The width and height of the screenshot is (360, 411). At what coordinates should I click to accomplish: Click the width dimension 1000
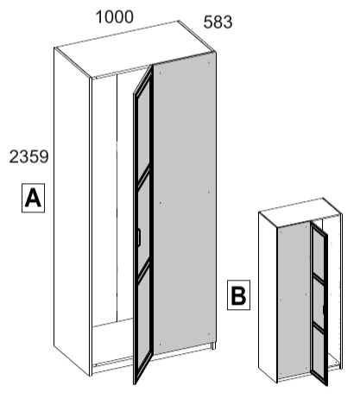[115, 17]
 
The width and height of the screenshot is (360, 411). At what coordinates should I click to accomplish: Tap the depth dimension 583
[218, 22]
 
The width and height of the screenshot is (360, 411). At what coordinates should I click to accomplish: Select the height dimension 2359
[28, 157]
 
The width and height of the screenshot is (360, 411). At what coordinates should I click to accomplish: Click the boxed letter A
[33, 198]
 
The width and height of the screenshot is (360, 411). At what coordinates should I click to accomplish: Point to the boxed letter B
[238, 295]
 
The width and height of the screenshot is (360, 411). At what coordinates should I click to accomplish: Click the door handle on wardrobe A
[139, 237]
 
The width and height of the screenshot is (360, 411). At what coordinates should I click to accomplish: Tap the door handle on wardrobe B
[324, 310]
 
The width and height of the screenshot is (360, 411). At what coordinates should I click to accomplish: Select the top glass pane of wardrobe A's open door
[144, 131]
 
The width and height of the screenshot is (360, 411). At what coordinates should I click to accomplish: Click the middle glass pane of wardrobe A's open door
[144, 222]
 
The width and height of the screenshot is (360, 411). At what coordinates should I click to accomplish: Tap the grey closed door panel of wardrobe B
[294, 300]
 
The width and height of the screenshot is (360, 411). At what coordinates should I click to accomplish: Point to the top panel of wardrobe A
[135, 49]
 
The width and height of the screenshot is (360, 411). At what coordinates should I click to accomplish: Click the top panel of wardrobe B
[300, 212]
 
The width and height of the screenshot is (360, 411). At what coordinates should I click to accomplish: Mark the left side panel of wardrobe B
[268, 296]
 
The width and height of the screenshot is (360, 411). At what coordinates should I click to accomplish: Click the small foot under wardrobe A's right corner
[213, 345]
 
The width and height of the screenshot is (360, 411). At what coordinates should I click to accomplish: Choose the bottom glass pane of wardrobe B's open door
[319, 351]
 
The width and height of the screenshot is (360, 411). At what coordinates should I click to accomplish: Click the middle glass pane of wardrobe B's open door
[319, 301]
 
